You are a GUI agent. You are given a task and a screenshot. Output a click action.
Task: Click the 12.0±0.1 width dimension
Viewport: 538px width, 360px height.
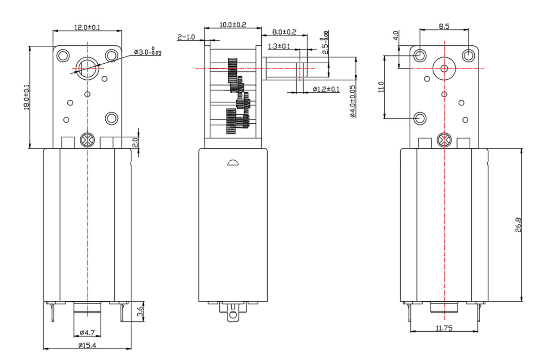click(87, 27)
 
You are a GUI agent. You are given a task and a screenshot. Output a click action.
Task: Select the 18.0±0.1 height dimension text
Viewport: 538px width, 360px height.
click(26, 97)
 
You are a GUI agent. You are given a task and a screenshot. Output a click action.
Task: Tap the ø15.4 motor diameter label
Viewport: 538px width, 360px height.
click(87, 345)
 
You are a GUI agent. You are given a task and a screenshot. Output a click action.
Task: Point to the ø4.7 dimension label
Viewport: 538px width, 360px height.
click(87, 333)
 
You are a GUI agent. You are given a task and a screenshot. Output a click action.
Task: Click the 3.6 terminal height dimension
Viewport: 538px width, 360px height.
click(140, 312)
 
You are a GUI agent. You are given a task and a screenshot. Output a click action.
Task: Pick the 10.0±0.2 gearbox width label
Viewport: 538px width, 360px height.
click(233, 25)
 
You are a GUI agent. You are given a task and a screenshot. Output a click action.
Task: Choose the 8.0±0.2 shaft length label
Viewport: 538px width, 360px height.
click(284, 32)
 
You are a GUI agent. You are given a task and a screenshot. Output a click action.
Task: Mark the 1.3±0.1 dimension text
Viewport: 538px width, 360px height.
click(279, 46)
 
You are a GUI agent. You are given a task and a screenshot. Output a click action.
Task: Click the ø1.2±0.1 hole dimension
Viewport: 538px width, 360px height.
click(326, 89)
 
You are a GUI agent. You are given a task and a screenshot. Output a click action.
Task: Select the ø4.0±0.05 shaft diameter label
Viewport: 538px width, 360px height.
click(352, 101)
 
